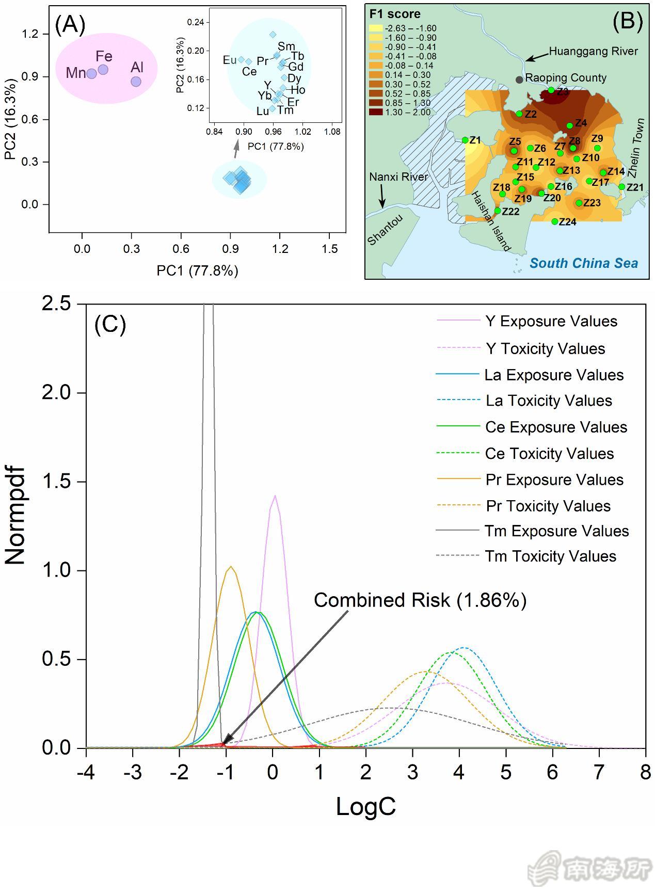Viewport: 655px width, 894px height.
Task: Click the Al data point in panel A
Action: tap(136, 82)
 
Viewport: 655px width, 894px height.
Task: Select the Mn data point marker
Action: tap(91, 74)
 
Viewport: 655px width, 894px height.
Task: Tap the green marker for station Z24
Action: tap(555, 222)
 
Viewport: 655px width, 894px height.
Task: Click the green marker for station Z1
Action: tap(465, 140)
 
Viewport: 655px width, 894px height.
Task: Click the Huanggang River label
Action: tap(593, 52)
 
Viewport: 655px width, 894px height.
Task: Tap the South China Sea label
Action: tap(584, 263)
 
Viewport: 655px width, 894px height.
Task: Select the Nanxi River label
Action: tap(398, 177)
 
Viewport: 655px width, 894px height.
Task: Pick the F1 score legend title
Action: tap(395, 14)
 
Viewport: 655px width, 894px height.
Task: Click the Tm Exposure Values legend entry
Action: tap(556, 531)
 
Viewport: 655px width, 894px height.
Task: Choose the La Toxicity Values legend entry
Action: tap(549, 401)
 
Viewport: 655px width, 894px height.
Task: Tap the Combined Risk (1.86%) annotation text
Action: tap(420, 600)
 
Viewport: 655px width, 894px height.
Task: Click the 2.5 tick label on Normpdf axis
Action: tap(57, 304)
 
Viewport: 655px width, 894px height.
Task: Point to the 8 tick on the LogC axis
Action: tap(645, 773)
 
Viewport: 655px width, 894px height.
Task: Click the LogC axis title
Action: tap(365, 806)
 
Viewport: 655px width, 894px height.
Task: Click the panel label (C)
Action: tap(110, 324)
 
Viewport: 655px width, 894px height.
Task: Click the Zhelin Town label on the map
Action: tap(636, 148)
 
